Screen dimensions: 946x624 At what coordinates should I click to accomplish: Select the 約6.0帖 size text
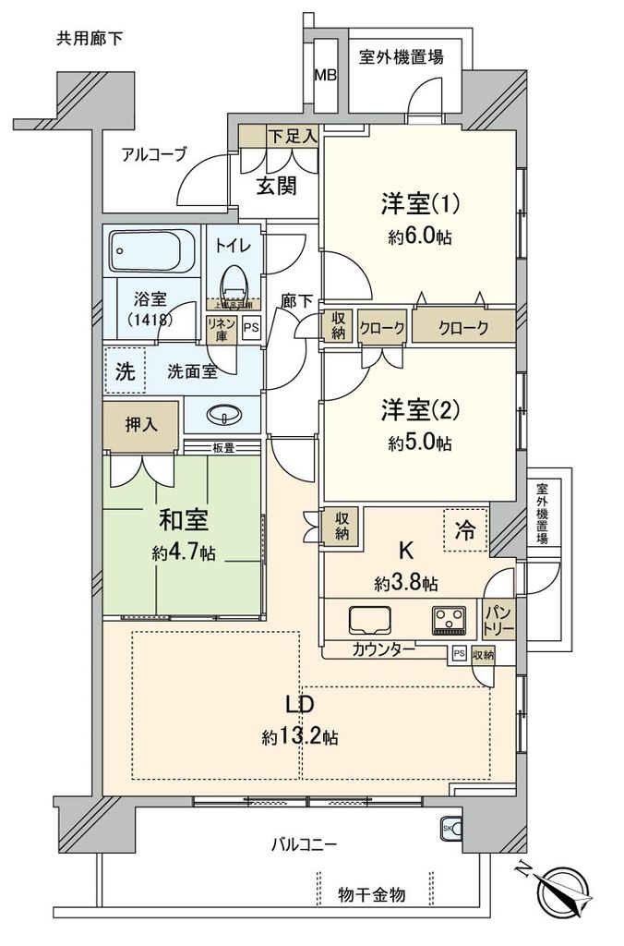tap(420, 236)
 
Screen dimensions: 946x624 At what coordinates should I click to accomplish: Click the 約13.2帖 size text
tap(299, 737)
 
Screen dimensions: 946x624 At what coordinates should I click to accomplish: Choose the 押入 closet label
tap(141, 424)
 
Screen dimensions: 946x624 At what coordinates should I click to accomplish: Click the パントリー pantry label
tap(498, 620)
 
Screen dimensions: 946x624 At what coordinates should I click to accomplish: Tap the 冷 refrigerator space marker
tap(466, 530)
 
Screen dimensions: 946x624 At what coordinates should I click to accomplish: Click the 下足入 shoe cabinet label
tap(292, 136)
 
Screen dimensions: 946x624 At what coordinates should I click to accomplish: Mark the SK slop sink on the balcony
tap(450, 827)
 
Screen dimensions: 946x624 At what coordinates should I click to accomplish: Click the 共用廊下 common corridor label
tap(90, 38)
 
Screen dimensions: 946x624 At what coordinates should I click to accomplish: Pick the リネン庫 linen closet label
tap(222, 329)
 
